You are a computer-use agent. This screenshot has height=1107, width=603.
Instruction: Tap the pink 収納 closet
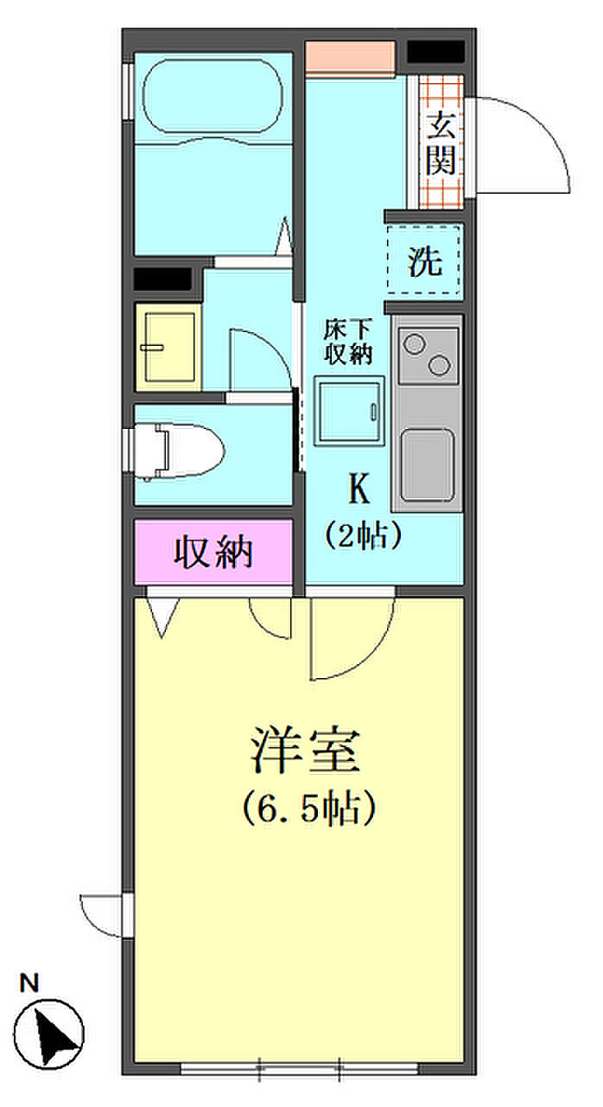214,552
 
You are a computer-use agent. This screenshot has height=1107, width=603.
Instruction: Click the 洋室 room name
304,750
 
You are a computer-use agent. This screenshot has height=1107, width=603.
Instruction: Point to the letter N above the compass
31,982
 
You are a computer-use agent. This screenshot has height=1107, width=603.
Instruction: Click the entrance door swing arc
527,143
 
